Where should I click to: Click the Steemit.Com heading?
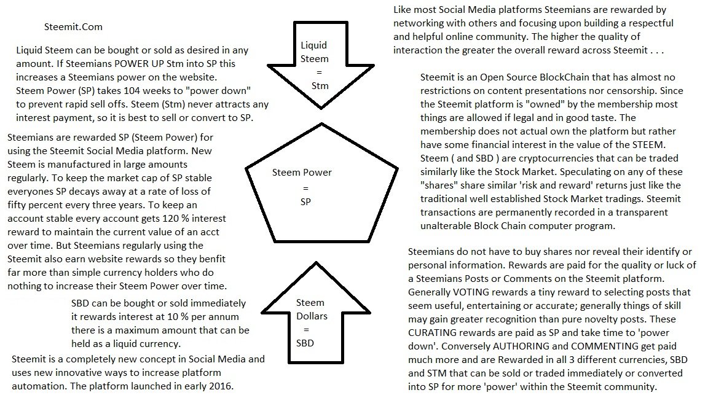pyautogui.click(x=73, y=27)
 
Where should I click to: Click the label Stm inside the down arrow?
pyautogui.click(x=320, y=86)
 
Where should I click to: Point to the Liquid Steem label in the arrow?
pyautogui.click(x=314, y=52)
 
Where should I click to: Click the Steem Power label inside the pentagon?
pyautogui.click(x=302, y=173)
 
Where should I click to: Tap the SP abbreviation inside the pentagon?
pyautogui.click(x=305, y=201)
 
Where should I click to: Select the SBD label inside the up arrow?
pyautogui.click(x=305, y=343)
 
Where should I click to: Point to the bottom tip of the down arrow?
pyautogui.click(x=321, y=108)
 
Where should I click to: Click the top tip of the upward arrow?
pyautogui.click(x=316, y=262)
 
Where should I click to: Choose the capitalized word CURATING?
pyautogui.click(x=433, y=333)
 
